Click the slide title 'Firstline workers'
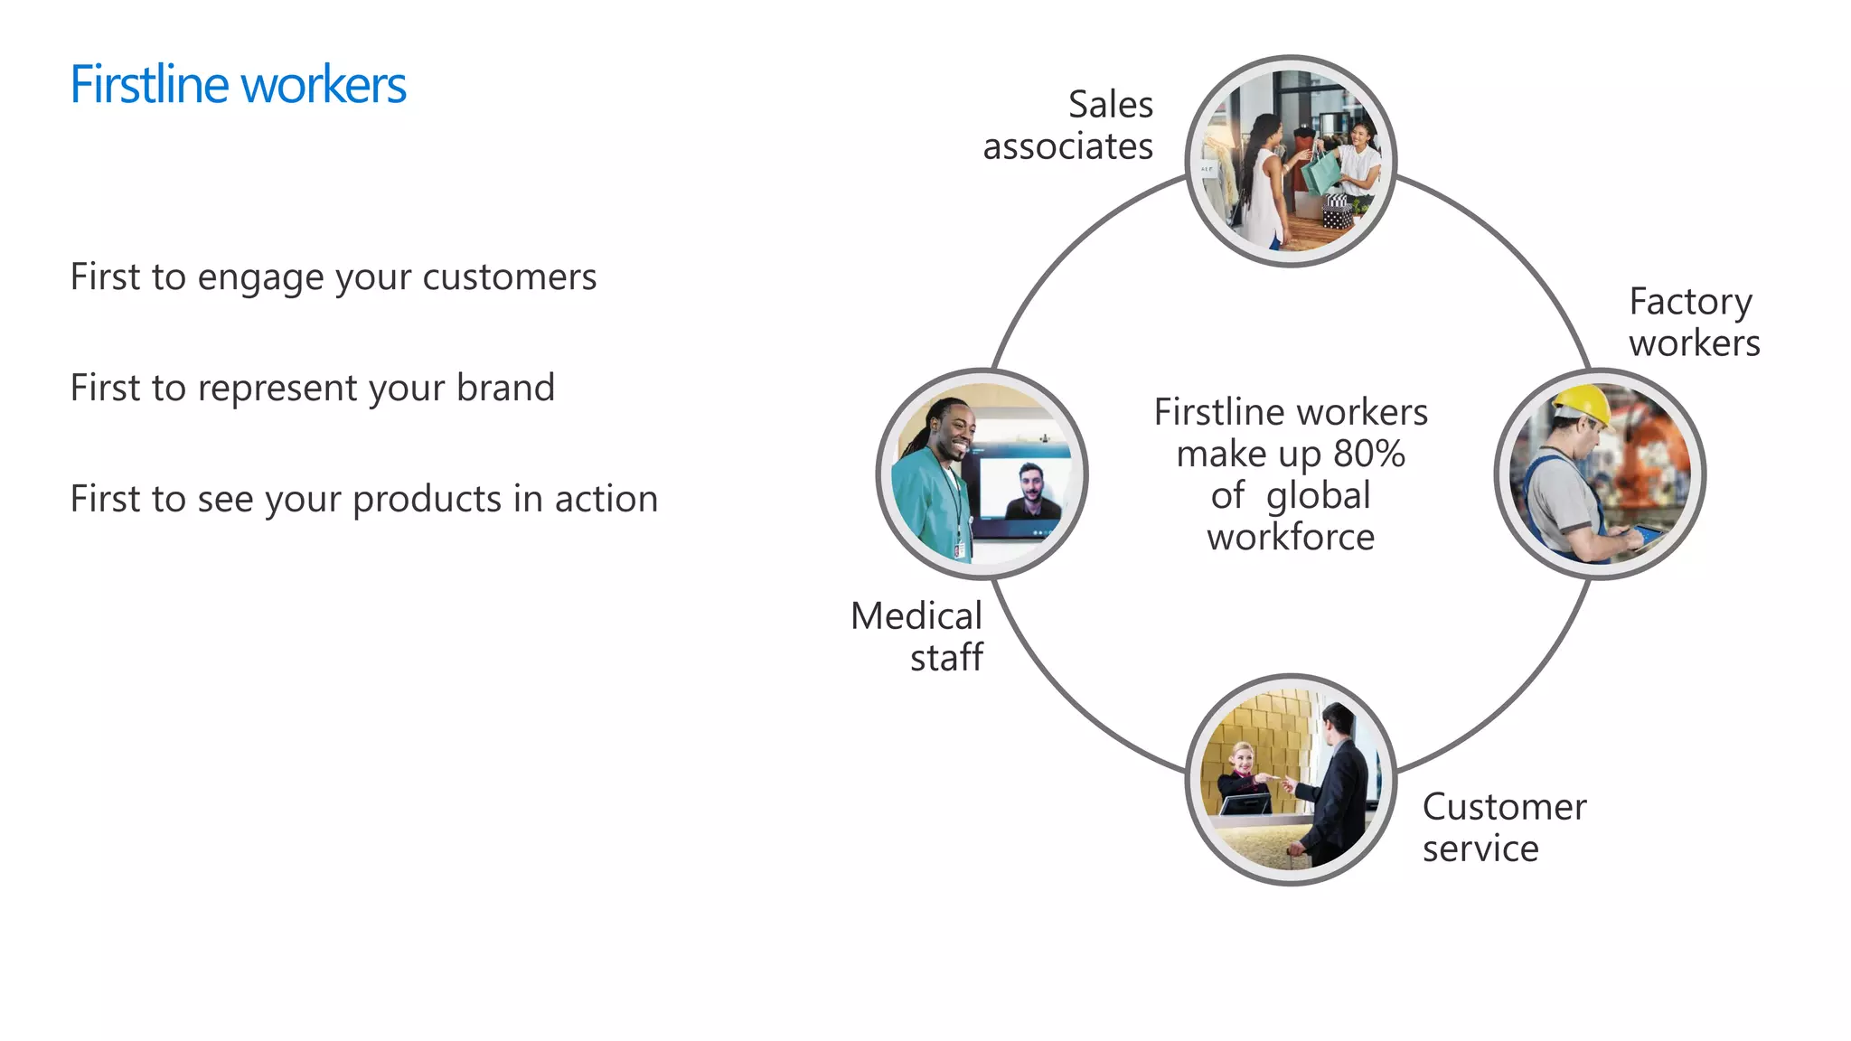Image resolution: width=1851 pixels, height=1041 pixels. (238, 85)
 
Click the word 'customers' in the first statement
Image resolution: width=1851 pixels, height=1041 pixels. (509, 277)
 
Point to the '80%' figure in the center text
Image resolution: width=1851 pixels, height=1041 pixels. (1368, 454)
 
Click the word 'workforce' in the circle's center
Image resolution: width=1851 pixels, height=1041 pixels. (1291, 538)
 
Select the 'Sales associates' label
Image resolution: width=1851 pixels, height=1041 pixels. (1068, 126)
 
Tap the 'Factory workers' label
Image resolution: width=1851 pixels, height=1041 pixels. (1694, 323)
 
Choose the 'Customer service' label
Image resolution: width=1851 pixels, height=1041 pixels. (1503, 828)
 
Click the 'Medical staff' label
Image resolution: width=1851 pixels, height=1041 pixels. (917, 637)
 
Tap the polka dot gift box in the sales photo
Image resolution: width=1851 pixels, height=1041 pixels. (1337, 215)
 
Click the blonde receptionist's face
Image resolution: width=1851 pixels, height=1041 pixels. (1244, 758)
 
